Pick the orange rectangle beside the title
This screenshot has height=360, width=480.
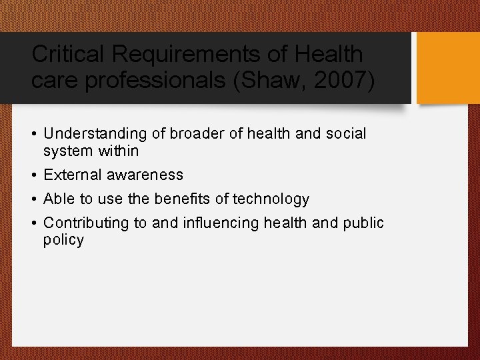click(x=448, y=68)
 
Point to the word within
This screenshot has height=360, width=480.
click(x=119, y=151)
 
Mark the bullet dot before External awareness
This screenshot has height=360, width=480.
click(x=33, y=175)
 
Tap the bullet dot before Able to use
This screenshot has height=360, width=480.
click(x=33, y=199)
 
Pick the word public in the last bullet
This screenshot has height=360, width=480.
click(x=364, y=223)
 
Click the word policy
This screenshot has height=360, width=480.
click(x=63, y=241)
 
